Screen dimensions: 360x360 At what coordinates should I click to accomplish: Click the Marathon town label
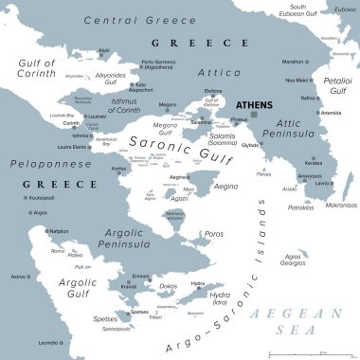pyautogui.click(x=294, y=62)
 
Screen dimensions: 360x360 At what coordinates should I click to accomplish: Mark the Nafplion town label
pyautogui.click(x=59, y=230)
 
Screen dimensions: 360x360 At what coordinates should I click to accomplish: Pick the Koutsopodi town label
pyautogui.click(x=43, y=198)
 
